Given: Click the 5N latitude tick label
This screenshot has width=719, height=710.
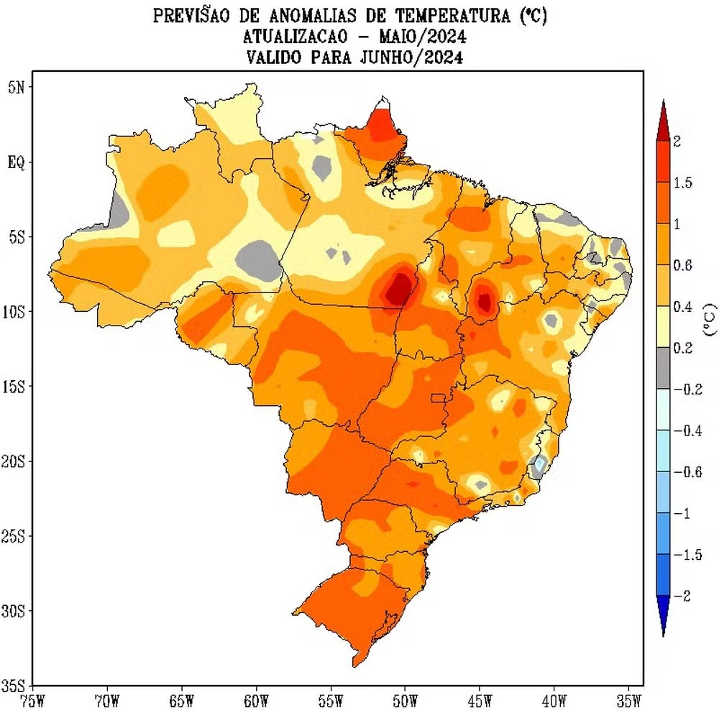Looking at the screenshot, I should pos(16,87).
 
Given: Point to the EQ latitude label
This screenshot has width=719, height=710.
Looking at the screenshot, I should pos(16,162).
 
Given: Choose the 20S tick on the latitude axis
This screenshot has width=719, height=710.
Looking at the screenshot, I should pos(14,461).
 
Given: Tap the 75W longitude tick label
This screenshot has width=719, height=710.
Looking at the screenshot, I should pos(32,699).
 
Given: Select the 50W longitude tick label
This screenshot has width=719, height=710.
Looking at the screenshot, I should pos(405,699).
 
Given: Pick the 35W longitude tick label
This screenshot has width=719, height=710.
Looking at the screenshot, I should pos(629,699).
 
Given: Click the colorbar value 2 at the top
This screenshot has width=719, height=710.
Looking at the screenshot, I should pos(677,142).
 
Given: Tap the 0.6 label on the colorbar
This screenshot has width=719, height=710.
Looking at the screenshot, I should pos(682,266).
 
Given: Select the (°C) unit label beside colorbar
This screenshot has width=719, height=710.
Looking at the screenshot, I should pos(709,321).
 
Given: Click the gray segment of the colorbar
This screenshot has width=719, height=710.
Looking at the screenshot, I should pos(664,369).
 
